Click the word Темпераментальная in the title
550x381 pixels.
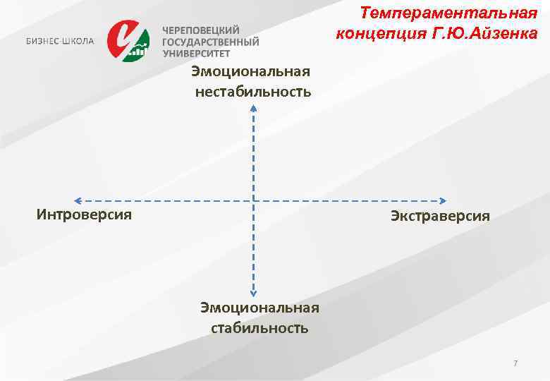[x=448, y=13]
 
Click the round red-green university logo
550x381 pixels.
[x=128, y=40]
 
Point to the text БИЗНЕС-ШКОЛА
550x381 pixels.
[x=59, y=41]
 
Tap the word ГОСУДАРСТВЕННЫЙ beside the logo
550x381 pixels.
[x=211, y=42]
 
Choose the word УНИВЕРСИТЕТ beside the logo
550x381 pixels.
[x=197, y=53]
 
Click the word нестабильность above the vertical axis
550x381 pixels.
[x=253, y=92]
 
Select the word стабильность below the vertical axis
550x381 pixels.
[x=259, y=328]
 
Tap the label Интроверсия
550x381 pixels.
[x=84, y=214]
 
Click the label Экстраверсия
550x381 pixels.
[x=440, y=216]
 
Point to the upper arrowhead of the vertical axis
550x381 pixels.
[x=253, y=108]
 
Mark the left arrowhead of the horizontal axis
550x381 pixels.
[x=78, y=200]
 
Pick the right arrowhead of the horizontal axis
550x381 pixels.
[x=444, y=200]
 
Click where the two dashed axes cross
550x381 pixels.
[x=253, y=200]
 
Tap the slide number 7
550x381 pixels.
[x=515, y=363]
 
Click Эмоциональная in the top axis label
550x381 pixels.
[x=251, y=73]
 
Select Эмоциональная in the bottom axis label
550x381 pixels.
[x=259, y=308]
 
